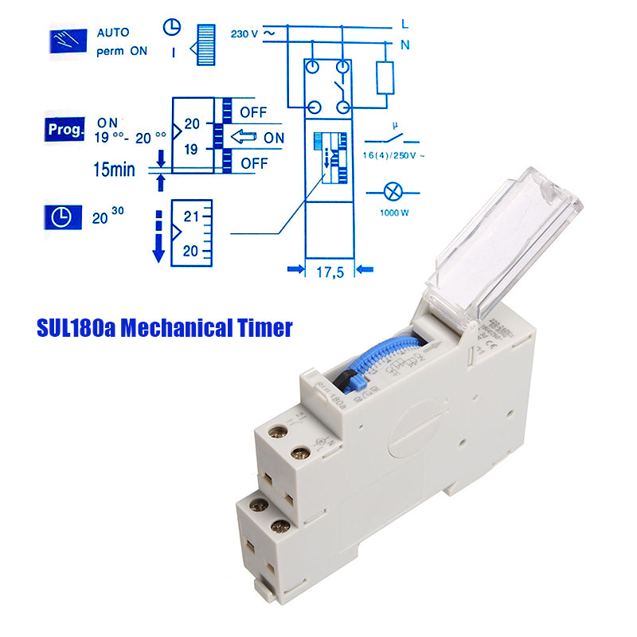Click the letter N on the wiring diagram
point(404,45)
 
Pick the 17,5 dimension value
point(330,272)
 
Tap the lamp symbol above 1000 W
point(392,191)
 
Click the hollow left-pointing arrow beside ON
point(244,138)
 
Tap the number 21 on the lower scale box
point(191,216)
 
